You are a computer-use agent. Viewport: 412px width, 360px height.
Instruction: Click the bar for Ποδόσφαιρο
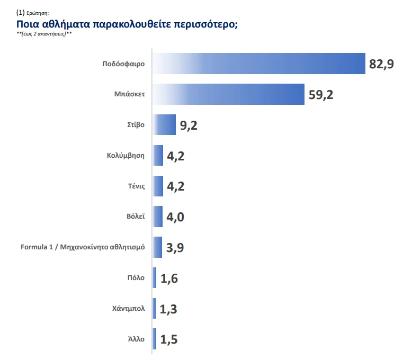coord(259,64)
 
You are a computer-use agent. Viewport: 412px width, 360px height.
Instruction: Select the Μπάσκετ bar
coord(228,94)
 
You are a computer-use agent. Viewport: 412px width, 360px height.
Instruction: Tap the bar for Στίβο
coord(164,125)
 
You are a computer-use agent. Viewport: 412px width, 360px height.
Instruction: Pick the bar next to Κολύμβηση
coord(158,156)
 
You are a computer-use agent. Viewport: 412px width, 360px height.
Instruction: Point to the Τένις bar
coord(158,186)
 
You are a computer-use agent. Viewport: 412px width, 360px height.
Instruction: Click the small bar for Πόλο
coord(155,278)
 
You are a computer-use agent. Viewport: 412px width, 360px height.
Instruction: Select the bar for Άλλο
coord(155,339)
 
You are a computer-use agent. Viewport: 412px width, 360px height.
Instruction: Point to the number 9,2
coord(189,126)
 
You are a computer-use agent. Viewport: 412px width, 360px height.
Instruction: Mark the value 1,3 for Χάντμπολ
coord(168,309)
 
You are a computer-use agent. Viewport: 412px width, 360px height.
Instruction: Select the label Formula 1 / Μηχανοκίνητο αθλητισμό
coord(83,247)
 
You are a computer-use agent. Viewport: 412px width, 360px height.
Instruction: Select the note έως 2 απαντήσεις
coord(44,34)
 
